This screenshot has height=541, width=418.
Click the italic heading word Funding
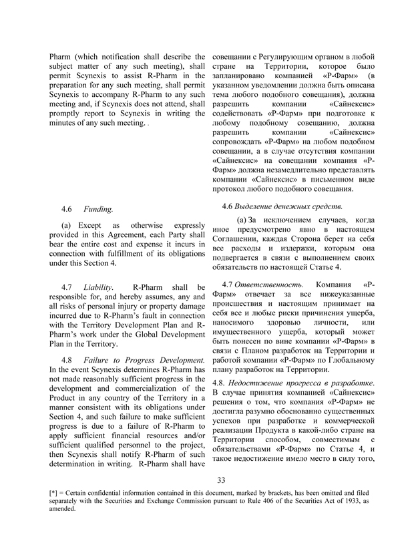pos(98,209)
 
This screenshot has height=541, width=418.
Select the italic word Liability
pos(98,286)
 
